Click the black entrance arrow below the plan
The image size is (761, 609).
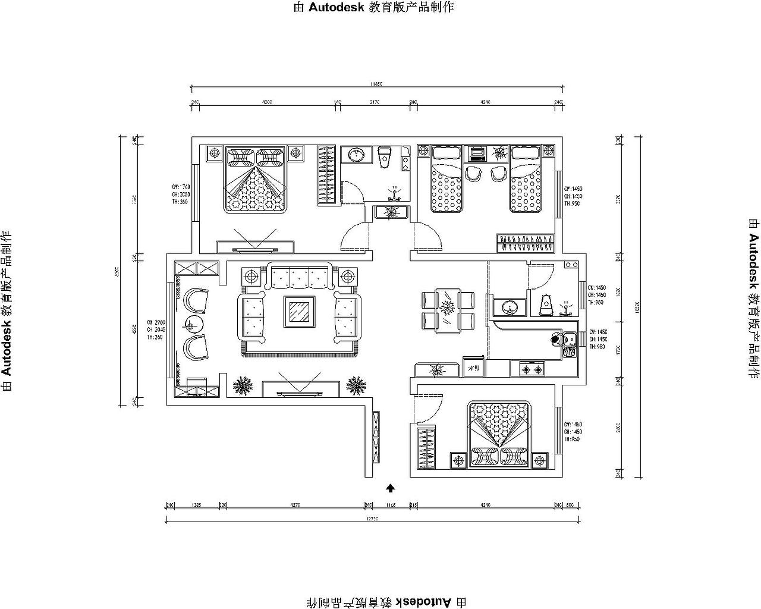pos(391,488)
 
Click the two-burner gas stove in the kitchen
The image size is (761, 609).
pos(532,369)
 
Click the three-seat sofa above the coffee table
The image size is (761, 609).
pos(300,276)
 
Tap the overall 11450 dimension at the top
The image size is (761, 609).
pos(376,84)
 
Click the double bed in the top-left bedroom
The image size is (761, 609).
pos(254,179)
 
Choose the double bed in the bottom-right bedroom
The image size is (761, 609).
pos(500,435)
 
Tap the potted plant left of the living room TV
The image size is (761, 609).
pos(243,386)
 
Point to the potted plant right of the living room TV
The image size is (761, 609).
pos(356,385)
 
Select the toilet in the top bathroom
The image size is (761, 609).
pos(385,156)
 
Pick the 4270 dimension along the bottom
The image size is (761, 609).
pos(295,505)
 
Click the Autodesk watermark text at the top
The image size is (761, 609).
pos(374,7)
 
